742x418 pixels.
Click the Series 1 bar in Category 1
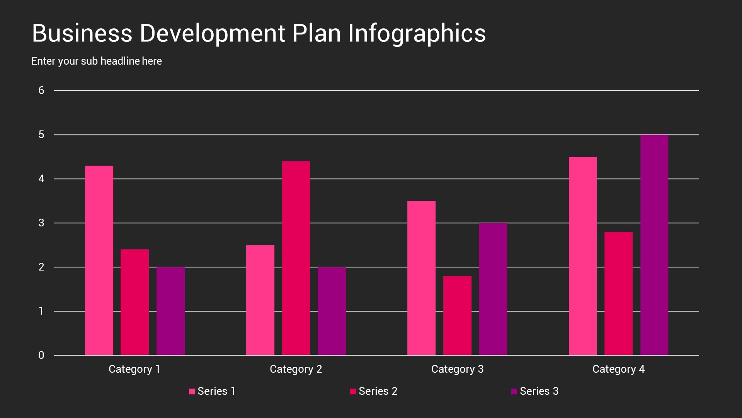tap(99, 260)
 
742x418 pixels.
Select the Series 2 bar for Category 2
tap(296, 258)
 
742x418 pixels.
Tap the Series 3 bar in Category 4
tap(654, 245)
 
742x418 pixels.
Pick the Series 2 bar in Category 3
tap(457, 315)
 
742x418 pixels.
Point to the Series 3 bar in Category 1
tap(170, 311)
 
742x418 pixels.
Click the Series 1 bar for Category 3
tap(421, 278)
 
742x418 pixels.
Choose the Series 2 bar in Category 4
tap(618, 293)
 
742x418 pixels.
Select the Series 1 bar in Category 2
tap(260, 300)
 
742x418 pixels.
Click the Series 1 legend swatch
tap(192, 392)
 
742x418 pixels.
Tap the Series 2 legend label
tap(378, 391)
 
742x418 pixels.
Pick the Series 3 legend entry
tap(535, 391)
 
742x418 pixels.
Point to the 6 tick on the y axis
tap(41, 91)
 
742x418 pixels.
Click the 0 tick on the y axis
tap(41, 355)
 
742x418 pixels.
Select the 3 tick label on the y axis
tap(41, 223)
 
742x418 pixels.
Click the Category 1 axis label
tap(134, 369)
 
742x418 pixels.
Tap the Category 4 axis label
tap(618, 369)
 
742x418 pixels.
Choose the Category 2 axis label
tap(296, 369)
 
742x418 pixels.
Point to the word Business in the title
tap(82, 33)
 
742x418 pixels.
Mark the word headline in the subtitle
tap(120, 61)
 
